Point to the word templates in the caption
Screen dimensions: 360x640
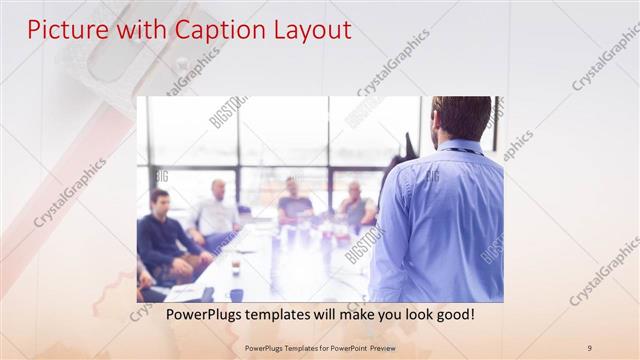coord(271,314)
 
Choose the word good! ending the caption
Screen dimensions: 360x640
coord(451,314)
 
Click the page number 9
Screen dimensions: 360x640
coord(589,347)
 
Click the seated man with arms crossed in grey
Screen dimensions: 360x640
coord(355,205)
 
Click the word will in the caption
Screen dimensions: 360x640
coord(312,314)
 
